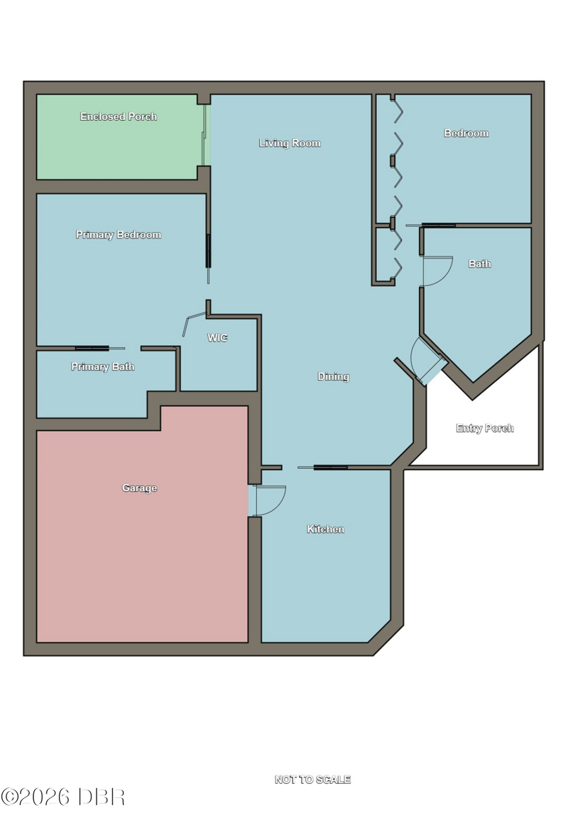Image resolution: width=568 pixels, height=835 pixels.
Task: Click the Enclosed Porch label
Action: pyautogui.click(x=118, y=116)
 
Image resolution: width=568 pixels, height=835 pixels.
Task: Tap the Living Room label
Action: pyautogui.click(x=290, y=143)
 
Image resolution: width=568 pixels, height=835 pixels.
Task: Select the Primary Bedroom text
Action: pyautogui.click(x=118, y=235)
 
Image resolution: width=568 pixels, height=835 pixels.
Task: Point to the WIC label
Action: pyautogui.click(x=217, y=338)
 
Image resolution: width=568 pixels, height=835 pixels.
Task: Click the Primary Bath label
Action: pyautogui.click(x=103, y=367)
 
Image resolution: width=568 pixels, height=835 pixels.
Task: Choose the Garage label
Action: pyautogui.click(x=139, y=489)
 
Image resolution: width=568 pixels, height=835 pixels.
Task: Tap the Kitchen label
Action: pyautogui.click(x=325, y=530)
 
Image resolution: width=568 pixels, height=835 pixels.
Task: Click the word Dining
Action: pyautogui.click(x=333, y=377)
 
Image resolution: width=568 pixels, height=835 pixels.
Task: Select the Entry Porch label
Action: pyautogui.click(x=485, y=429)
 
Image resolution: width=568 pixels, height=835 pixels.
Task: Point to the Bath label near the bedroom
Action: pyautogui.click(x=480, y=263)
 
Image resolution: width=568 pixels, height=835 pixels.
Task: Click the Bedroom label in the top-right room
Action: pyautogui.click(x=466, y=133)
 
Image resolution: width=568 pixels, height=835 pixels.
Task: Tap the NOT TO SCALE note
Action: pyautogui.click(x=312, y=780)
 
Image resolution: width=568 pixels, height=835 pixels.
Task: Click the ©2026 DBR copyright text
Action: pyautogui.click(x=62, y=797)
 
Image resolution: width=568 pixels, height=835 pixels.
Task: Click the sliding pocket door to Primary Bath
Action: pyautogui.click(x=99, y=348)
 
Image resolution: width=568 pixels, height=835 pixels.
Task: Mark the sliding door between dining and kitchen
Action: pyautogui.click(x=322, y=467)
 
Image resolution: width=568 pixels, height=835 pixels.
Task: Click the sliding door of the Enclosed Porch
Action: pyautogui.click(x=204, y=135)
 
